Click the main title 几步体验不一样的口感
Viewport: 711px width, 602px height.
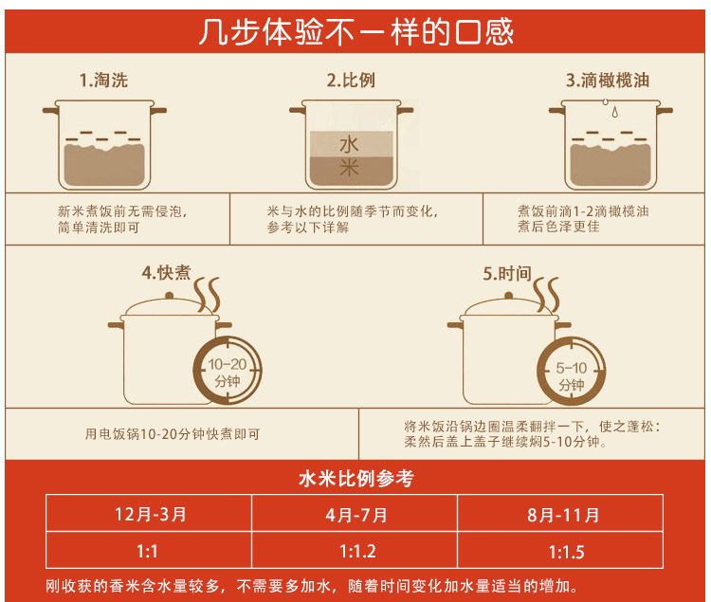pos(355,31)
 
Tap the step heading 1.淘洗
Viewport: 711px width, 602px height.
pos(103,81)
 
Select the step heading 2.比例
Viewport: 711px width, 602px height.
pos(351,81)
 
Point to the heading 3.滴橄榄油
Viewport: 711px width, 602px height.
pos(608,81)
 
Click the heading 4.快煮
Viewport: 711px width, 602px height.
pos(166,273)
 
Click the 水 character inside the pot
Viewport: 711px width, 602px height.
pos(350,144)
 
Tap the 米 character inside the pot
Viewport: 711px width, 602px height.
pos(350,168)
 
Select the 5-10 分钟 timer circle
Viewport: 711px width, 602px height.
pos(571,372)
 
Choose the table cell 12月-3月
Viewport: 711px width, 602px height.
pos(150,515)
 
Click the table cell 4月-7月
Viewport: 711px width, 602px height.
pos(356,515)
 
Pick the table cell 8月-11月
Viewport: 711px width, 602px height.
pos(563,515)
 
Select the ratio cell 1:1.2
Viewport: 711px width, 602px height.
pos(356,551)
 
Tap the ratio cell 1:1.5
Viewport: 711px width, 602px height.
pos(563,551)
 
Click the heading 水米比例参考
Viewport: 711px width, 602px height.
pos(356,479)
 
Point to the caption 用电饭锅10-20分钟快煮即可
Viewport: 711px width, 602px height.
pos(173,434)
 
